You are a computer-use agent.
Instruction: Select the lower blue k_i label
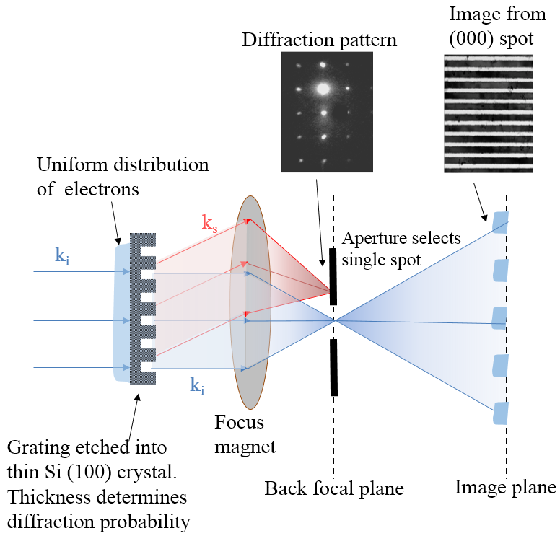(196, 386)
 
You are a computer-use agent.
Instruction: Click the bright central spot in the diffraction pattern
(323, 89)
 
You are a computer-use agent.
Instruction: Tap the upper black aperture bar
(333, 276)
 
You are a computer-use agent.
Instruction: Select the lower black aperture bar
(333, 366)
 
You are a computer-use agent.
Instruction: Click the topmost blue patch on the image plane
(500, 221)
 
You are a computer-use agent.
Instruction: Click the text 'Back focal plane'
(333, 489)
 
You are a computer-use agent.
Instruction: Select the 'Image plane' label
(505, 488)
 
